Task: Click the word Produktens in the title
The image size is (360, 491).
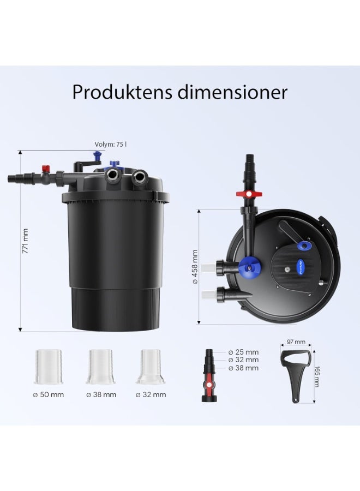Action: tap(123, 92)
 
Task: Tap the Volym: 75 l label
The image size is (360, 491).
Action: tap(111, 145)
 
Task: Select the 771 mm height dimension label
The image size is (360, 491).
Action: tap(25, 241)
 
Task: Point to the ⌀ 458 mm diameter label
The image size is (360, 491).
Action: tap(195, 266)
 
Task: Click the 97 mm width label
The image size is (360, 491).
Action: tap(296, 342)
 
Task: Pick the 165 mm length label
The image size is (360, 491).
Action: tap(317, 376)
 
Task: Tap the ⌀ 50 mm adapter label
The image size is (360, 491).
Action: tap(49, 394)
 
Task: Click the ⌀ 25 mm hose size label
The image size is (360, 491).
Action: tap(244, 352)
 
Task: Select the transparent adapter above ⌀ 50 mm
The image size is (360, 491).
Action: tap(49, 367)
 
